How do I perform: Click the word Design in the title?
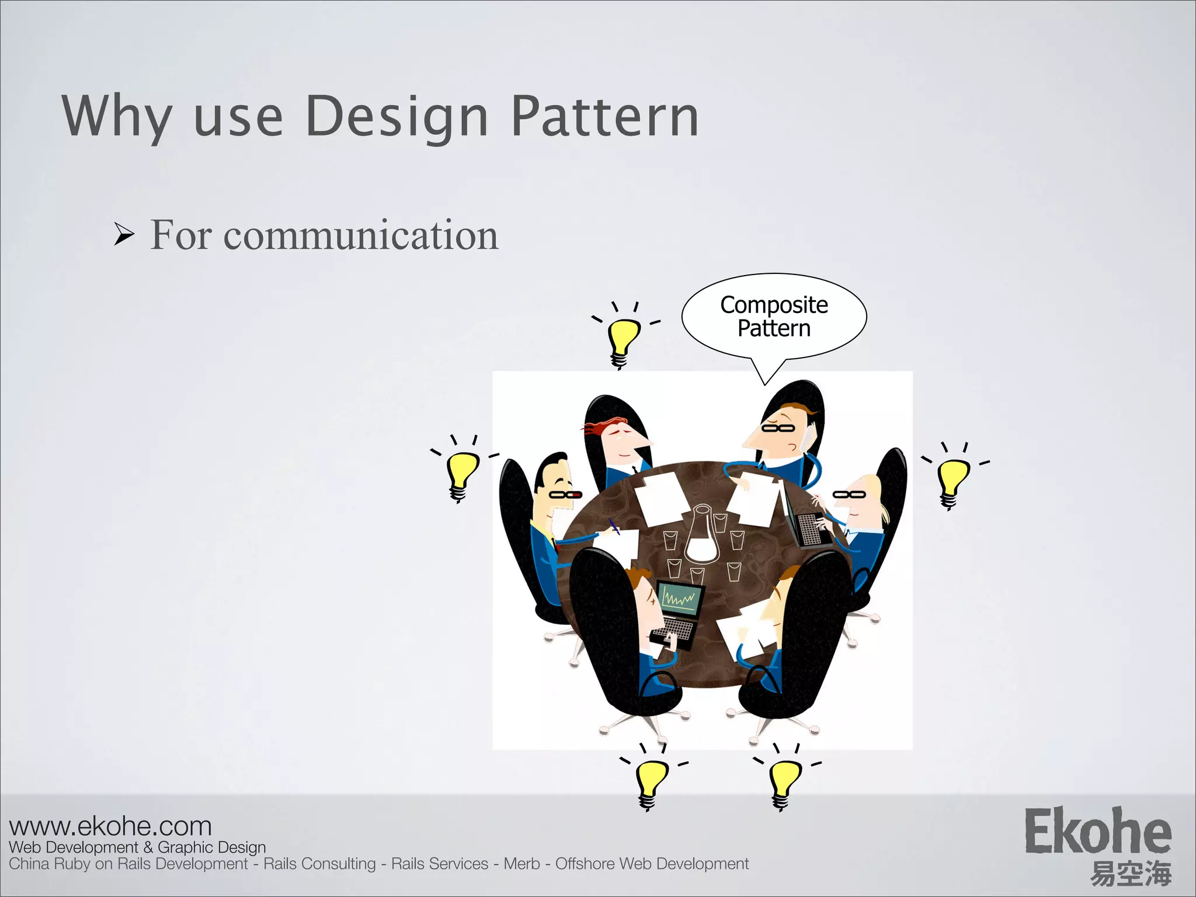397,117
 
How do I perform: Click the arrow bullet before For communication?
124,235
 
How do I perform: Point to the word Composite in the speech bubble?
774,305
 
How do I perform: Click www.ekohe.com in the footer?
110,826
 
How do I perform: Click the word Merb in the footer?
521,864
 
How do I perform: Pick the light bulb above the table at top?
623,339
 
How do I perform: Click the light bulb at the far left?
461,473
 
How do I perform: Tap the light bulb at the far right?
952,480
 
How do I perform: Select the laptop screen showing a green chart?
681,599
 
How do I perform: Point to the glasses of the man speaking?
778,428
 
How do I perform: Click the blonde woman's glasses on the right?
849,495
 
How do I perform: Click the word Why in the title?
117,117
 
